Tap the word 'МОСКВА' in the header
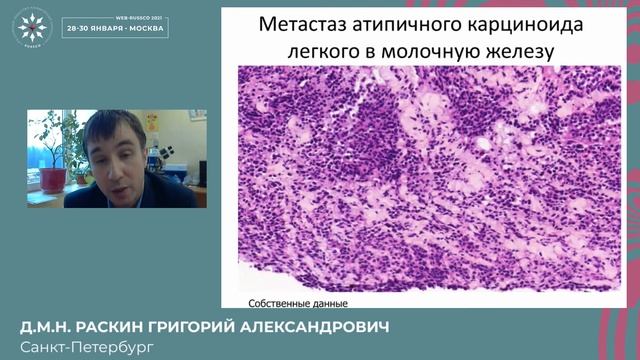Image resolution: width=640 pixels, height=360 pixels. (x=151, y=32)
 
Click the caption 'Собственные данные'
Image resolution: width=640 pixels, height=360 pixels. (x=297, y=303)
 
